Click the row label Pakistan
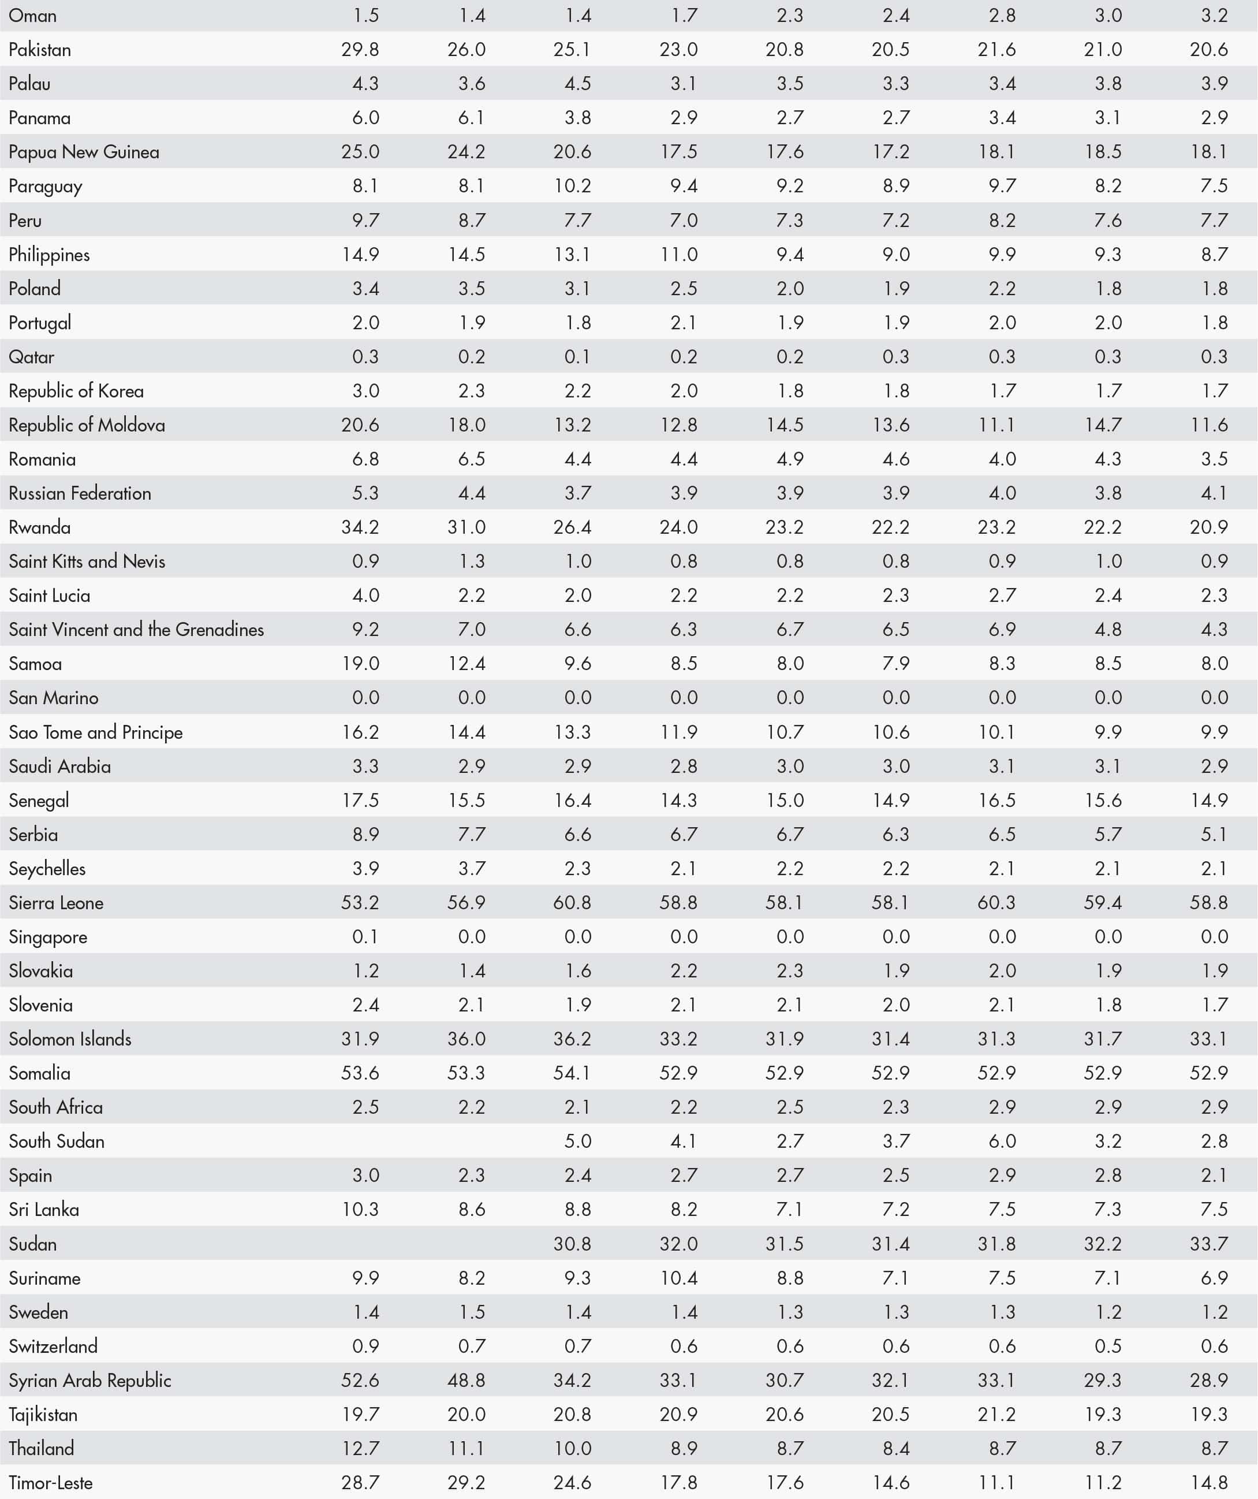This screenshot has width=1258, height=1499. (40, 50)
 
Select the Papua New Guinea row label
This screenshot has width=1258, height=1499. (84, 152)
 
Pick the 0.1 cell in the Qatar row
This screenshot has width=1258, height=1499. (577, 357)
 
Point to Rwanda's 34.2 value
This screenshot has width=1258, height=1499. (360, 527)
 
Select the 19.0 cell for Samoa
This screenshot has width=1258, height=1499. (360, 664)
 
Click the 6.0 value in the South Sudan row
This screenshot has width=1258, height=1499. (1002, 1141)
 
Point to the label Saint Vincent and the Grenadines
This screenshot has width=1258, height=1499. (136, 630)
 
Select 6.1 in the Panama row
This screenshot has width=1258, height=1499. (471, 118)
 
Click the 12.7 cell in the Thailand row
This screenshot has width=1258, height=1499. (360, 1448)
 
